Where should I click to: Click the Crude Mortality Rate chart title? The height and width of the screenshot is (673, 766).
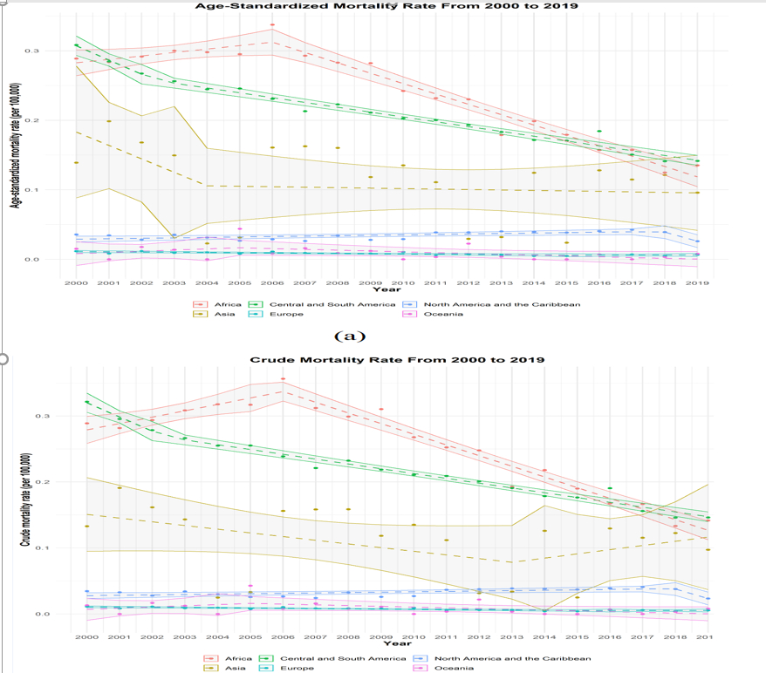(x=397, y=359)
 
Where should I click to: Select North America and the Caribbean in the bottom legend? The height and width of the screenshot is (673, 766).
(x=510, y=658)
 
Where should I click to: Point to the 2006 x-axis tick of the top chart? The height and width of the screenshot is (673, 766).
(x=272, y=282)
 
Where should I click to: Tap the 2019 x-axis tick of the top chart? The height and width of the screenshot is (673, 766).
(x=696, y=282)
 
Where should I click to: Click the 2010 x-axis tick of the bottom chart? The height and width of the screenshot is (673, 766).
(x=413, y=638)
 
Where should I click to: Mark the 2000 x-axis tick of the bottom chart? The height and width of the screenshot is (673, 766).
(x=85, y=638)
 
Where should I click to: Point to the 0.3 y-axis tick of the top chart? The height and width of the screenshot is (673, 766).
(x=57, y=51)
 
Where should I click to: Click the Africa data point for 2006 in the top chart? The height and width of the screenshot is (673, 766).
(x=272, y=25)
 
